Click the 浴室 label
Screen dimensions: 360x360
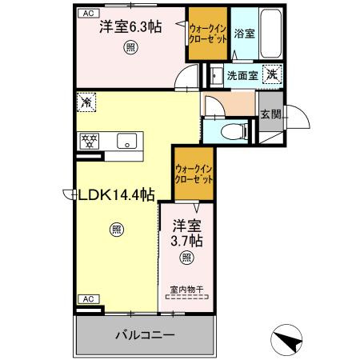point(245,34)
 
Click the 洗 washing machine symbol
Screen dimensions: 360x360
point(273,74)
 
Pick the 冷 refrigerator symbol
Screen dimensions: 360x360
point(86,102)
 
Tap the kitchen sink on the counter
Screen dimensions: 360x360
point(126,141)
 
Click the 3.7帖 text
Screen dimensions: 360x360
point(186,240)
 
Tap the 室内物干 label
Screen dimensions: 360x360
point(186,288)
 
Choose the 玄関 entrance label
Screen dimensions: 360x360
point(270,114)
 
